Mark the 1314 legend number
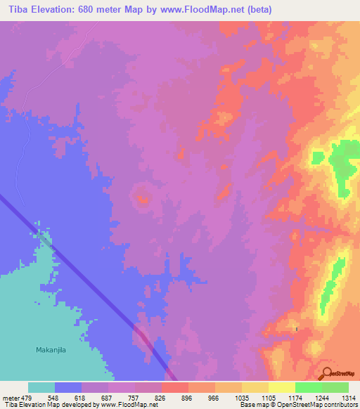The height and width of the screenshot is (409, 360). [349, 397]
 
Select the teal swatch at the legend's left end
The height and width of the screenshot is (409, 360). [41, 387]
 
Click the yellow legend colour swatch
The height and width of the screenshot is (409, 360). [281, 387]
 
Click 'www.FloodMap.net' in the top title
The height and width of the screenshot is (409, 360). [208, 10]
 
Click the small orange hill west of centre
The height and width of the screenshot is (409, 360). [143, 199]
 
